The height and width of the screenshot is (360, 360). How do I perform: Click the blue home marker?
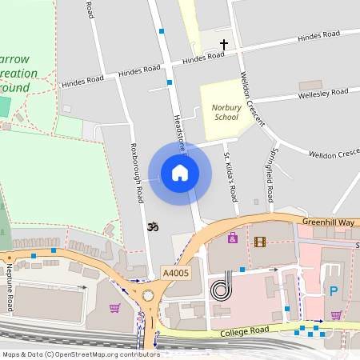pos(179,172)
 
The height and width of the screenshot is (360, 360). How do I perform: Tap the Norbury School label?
pos(226,112)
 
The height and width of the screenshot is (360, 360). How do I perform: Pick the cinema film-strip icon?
pos(259,241)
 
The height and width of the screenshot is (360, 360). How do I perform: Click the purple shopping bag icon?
pos(233,238)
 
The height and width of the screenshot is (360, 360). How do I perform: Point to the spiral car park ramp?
pos(221,288)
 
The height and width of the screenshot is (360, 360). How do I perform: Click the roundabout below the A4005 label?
pos(149,296)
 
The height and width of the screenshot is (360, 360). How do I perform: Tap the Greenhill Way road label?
pos(328,222)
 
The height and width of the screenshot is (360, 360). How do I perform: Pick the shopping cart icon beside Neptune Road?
pos(114,307)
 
